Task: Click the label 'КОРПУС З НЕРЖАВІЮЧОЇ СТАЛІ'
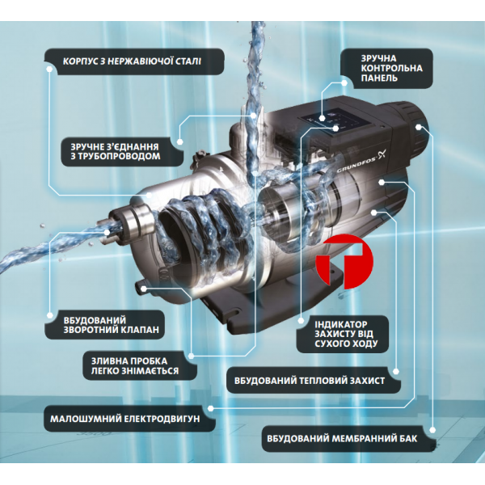tap(132, 61)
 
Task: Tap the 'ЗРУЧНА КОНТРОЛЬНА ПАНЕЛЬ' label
tap(391, 69)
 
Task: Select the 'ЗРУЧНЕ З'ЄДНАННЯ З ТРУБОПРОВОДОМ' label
tap(115, 151)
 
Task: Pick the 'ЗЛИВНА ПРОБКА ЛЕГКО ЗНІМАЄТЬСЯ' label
tap(134, 366)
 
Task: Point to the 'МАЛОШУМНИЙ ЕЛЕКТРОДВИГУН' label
tap(125, 419)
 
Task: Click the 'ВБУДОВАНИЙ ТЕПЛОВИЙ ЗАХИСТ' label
tap(310, 381)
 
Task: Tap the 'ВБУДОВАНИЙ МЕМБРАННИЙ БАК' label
tap(342, 438)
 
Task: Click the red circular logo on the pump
tap(344, 261)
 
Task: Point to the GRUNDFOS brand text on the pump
tap(356, 165)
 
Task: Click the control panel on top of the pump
tap(335, 121)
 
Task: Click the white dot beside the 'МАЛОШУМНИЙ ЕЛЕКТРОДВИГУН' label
tap(210, 408)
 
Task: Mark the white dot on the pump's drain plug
tap(143, 289)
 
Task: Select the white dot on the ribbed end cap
tap(419, 127)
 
